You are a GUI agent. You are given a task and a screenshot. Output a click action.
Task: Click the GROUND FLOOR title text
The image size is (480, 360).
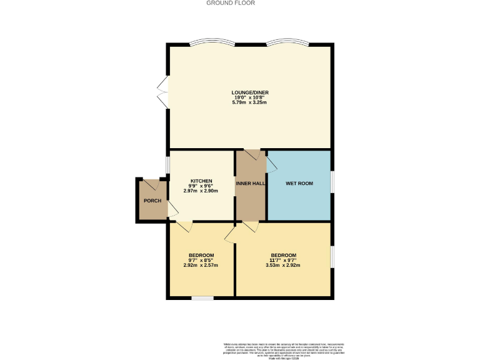pos(231,3)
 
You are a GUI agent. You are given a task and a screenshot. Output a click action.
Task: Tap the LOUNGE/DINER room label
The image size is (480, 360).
pos(249,92)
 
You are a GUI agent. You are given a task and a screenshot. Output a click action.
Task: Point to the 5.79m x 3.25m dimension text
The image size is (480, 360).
pos(249,102)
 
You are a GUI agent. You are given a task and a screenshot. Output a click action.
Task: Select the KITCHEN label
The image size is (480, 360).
pos(201,181)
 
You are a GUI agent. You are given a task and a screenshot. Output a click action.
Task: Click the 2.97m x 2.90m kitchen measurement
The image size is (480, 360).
pos(201,191)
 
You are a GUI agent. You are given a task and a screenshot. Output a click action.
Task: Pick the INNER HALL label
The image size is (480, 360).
pos(251,183)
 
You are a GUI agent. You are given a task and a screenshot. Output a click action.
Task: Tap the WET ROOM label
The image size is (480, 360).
pos(299,183)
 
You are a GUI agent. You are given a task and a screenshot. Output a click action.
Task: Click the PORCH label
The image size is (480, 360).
pos(152,201)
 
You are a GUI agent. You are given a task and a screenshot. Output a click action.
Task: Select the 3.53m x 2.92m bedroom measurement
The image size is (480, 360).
pos(282,265)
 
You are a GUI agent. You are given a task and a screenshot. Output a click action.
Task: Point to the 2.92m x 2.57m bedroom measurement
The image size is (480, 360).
pos(201,265)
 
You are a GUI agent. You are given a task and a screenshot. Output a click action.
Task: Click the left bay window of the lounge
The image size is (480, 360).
pos(209,43)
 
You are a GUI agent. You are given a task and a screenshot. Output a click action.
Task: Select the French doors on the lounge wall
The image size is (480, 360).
pos(164,92)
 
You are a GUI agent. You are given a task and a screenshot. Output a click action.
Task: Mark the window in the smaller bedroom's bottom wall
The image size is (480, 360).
pos(202,298)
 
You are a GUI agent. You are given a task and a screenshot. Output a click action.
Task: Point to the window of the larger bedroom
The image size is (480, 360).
pos(331,257)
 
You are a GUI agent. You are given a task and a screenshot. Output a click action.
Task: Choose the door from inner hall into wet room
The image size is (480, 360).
pos(271,164)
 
